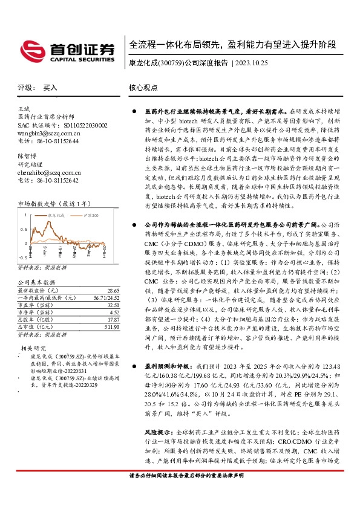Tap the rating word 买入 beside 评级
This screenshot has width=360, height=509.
(50, 88)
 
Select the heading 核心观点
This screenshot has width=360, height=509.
(142, 88)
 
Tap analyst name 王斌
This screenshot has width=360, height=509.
(24, 108)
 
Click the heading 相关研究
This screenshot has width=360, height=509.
(35, 348)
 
